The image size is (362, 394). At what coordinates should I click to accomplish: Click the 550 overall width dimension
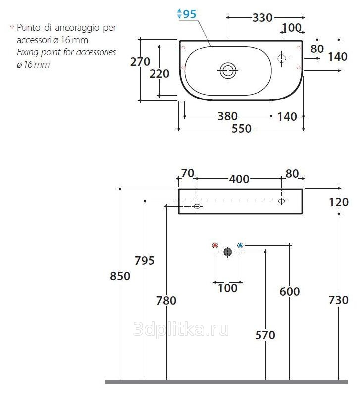[x=242, y=129]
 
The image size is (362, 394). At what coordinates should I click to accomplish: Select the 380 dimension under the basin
[x=227, y=116]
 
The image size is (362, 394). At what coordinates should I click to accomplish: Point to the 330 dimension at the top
[x=262, y=18]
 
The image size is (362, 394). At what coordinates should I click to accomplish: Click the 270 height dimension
[x=140, y=62]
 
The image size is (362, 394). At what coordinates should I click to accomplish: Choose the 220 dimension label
[x=159, y=74]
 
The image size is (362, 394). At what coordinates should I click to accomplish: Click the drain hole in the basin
[x=228, y=70]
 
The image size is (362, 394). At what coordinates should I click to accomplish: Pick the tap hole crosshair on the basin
[x=282, y=59]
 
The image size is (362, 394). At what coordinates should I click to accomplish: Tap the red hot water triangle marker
[x=215, y=245]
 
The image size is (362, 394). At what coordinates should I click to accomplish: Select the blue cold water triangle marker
[x=240, y=245]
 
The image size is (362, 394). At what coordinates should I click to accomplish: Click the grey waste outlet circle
[x=228, y=252]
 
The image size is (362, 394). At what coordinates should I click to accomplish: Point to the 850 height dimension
[x=120, y=276]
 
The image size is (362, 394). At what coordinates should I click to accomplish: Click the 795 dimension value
[x=145, y=260]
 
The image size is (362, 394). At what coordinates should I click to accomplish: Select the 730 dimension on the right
[x=339, y=300]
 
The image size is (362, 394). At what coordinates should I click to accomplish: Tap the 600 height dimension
[x=290, y=292]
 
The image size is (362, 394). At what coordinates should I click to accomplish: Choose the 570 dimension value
[x=265, y=335]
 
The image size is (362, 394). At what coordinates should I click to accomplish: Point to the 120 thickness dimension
[x=339, y=202]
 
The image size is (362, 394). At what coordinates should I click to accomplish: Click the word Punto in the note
[x=26, y=28]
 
